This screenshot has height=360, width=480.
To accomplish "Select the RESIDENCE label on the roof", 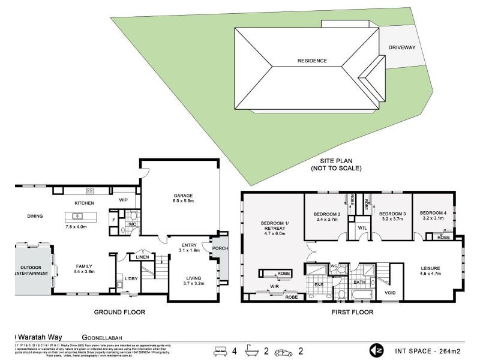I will point(313,61).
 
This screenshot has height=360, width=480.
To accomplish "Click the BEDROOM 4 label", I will point(432,213).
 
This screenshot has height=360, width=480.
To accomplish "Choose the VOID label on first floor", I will point(391,292).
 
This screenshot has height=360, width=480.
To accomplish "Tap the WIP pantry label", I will point(123,200).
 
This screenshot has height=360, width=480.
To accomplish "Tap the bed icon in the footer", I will point(221,350).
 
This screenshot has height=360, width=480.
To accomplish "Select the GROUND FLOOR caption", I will point(121,313).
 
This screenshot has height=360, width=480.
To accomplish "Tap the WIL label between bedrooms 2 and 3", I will point(362,228).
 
